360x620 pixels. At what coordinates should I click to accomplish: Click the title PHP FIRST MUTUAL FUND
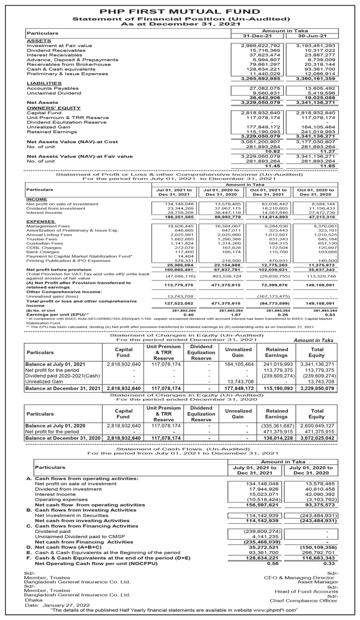(179, 10)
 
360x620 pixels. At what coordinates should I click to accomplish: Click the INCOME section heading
(37, 199)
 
